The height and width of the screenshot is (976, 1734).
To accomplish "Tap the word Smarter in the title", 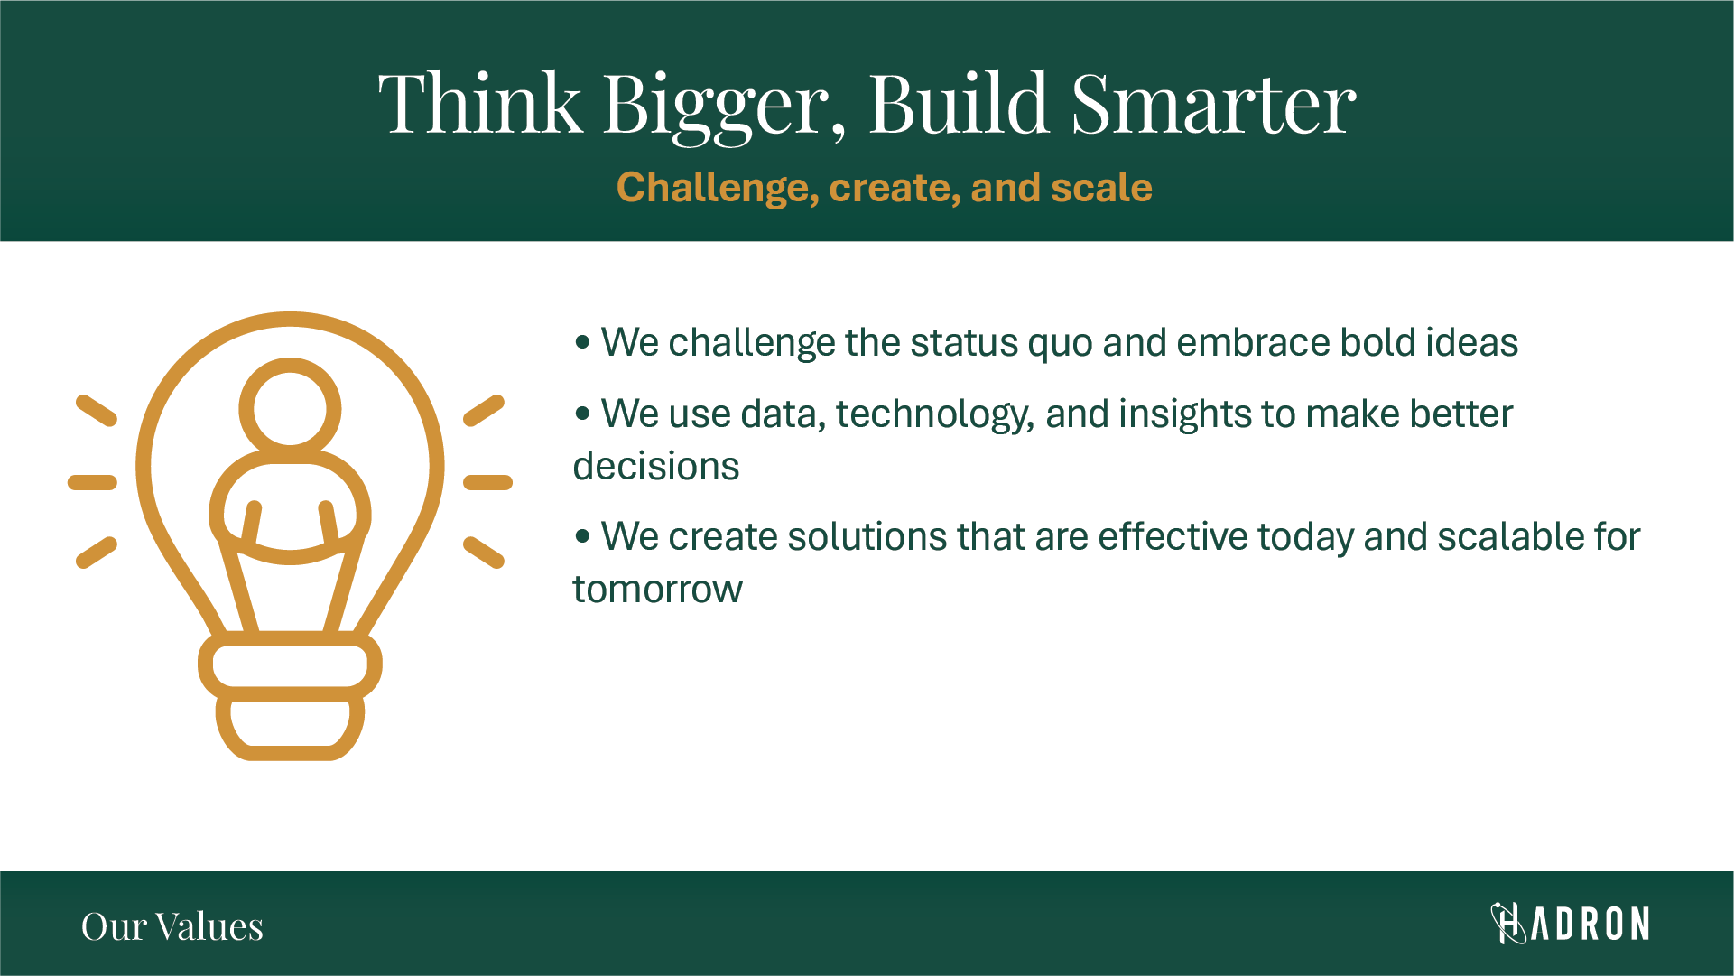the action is pyautogui.click(x=1213, y=103).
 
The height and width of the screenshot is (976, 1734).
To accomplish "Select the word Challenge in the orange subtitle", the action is pyautogui.click(x=718, y=189).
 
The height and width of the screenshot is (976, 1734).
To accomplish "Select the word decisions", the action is pyautogui.click(x=656, y=467).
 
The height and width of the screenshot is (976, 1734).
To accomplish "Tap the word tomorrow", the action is pyautogui.click(x=658, y=590).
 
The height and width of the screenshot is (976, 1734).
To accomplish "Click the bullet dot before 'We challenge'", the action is pyautogui.click(x=582, y=343).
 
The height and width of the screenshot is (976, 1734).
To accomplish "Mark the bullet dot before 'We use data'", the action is pyautogui.click(x=582, y=414).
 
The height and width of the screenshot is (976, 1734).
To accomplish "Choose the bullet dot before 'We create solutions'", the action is pyautogui.click(x=582, y=537).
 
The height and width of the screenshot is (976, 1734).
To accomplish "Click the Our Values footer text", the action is pyautogui.click(x=172, y=926).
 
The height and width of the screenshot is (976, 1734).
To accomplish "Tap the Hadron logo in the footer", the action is pyautogui.click(x=1570, y=924).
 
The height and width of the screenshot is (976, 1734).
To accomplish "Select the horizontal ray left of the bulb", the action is pyautogui.click(x=92, y=483).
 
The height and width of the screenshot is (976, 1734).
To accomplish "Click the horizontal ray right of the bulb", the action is pyautogui.click(x=487, y=483).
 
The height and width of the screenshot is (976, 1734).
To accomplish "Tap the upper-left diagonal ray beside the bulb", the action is pyautogui.click(x=97, y=410).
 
